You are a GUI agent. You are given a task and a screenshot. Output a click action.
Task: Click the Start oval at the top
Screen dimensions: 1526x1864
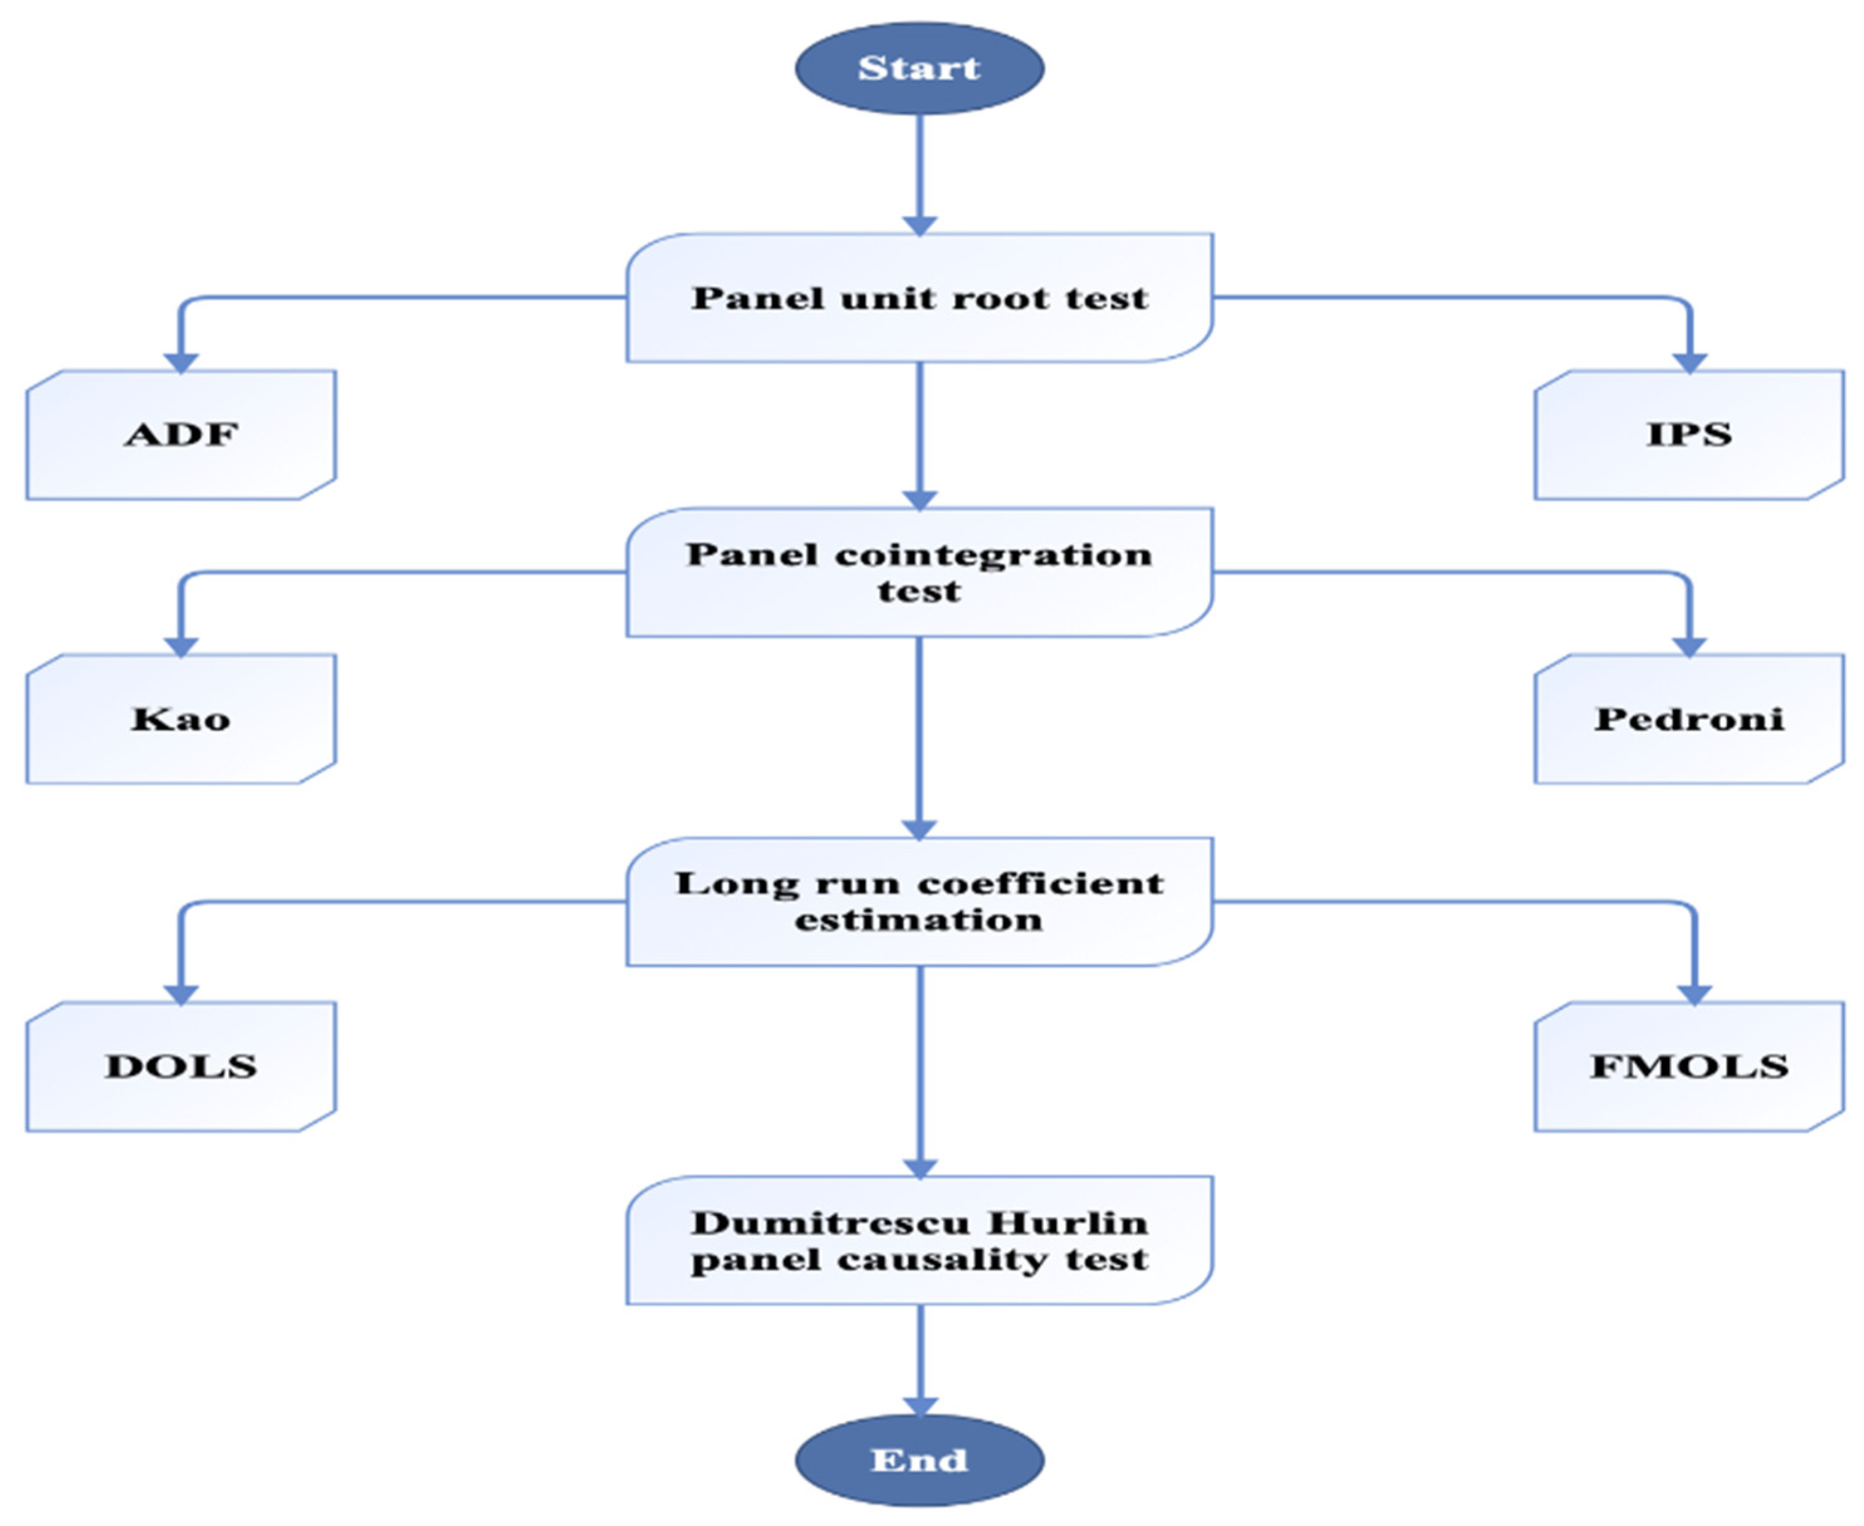click(919, 68)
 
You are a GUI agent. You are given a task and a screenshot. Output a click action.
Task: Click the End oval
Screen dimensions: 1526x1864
click(919, 1460)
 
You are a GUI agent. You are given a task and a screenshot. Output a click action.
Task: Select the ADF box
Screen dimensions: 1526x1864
click(181, 434)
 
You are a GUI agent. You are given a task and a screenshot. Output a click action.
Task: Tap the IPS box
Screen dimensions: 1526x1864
click(1688, 434)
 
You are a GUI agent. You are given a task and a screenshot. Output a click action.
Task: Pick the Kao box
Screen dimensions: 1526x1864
click(181, 719)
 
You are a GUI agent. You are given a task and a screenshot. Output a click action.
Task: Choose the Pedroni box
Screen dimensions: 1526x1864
click(1688, 719)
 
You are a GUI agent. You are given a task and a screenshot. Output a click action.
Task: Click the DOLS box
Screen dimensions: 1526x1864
click(181, 1067)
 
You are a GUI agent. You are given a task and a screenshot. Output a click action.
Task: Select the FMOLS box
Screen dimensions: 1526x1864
click(1688, 1067)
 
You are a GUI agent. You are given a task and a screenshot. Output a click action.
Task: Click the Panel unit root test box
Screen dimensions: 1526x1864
click(919, 298)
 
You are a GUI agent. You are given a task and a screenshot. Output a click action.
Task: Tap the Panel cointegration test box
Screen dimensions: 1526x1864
click(919, 572)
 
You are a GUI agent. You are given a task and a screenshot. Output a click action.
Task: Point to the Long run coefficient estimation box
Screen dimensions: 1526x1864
click(919, 901)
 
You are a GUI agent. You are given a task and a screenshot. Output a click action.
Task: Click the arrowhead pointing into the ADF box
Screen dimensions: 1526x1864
click(181, 362)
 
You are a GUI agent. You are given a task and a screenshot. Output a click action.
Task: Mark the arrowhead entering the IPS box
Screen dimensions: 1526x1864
click(1689, 362)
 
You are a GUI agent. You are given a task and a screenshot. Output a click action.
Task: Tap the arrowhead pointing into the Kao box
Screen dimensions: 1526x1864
click(181, 645)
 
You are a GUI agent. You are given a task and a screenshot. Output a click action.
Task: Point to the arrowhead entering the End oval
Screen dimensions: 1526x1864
click(919, 1405)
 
